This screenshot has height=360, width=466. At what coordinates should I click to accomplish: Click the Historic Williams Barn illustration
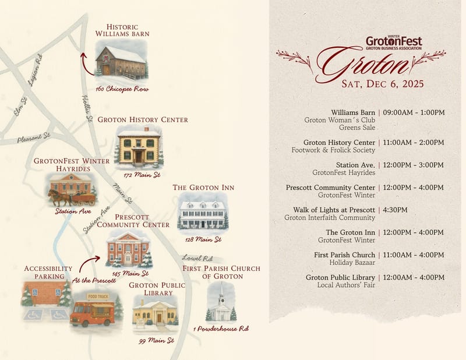(x=121, y=62)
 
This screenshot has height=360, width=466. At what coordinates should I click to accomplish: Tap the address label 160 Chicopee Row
(x=122, y=89)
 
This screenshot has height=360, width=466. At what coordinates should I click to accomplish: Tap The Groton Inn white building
(x=203, y=213)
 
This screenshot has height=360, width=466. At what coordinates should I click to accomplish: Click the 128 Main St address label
(x=203, y=239)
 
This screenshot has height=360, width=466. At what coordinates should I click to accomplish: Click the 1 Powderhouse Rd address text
(x=221, y=329)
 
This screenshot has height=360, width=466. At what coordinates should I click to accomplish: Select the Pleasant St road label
(x=34, y=138)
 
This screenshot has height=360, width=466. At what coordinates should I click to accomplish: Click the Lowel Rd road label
(x=197, y=257)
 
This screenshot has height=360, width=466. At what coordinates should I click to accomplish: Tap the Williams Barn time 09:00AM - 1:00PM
(x=414, y=112)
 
